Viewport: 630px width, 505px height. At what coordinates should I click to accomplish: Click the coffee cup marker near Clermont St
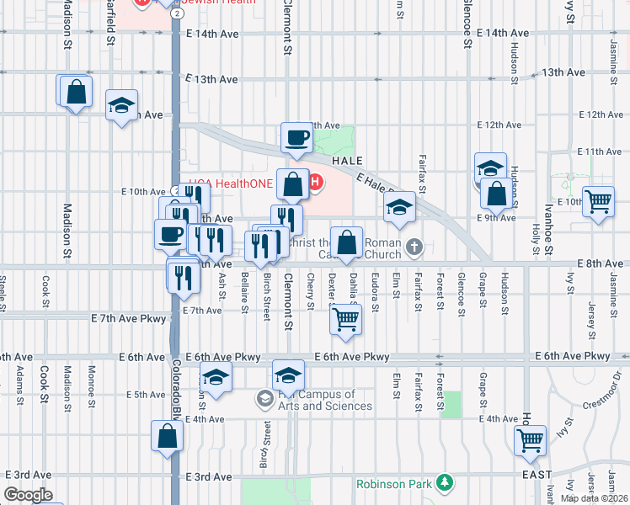[x=296, y=138]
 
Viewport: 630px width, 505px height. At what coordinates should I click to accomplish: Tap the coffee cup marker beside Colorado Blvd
[x=169, y=235]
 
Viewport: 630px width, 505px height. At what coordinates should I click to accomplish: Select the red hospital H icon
[x=316, y=182]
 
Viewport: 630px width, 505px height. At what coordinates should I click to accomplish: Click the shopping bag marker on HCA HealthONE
[x=292, y=184]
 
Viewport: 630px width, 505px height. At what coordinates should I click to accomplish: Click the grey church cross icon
[x=413, y=247]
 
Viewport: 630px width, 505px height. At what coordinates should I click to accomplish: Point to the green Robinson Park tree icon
[x=442, y=483]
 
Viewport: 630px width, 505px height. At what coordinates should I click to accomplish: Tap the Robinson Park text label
[x=393, y=484]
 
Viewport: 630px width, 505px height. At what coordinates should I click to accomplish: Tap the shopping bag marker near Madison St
[x=76, y=92]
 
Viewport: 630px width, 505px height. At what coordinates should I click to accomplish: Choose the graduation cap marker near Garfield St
[x=122, y=106]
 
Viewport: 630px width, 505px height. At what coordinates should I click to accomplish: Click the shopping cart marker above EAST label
[x=529, y=440]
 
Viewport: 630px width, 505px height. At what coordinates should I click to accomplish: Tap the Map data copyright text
[x=594, y=498]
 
